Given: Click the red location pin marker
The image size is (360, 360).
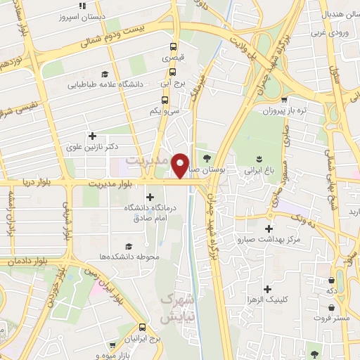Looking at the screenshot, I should (181, 166).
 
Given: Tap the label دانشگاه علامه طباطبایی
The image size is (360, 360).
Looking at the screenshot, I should (105, 84).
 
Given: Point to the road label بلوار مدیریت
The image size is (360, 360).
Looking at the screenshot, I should (111, 184).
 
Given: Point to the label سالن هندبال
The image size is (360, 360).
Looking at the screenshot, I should (326, 14).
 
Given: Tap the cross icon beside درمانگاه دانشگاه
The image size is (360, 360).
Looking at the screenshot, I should (149, 196).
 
